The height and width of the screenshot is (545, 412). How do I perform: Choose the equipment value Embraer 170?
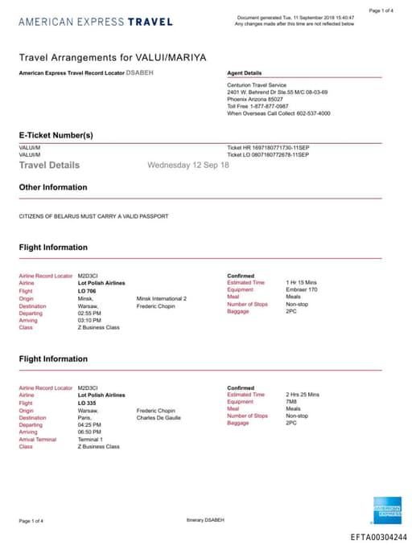pos(303,290)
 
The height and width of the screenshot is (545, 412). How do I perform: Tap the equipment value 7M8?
pos(291,402)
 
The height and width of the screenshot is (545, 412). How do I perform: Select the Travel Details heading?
pos(49,165)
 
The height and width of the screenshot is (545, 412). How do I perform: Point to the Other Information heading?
pos(53,187)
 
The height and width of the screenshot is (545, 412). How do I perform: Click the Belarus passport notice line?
pos(93,216)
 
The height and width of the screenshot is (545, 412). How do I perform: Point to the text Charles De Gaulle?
pos(159,417)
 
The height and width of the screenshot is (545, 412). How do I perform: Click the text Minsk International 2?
pos(162,298)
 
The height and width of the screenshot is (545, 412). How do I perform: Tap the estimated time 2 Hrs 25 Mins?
pos(303,395)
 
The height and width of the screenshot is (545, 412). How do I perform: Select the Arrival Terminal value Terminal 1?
pos(91,439)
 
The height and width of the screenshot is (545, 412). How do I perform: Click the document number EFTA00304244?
pos(379,537)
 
